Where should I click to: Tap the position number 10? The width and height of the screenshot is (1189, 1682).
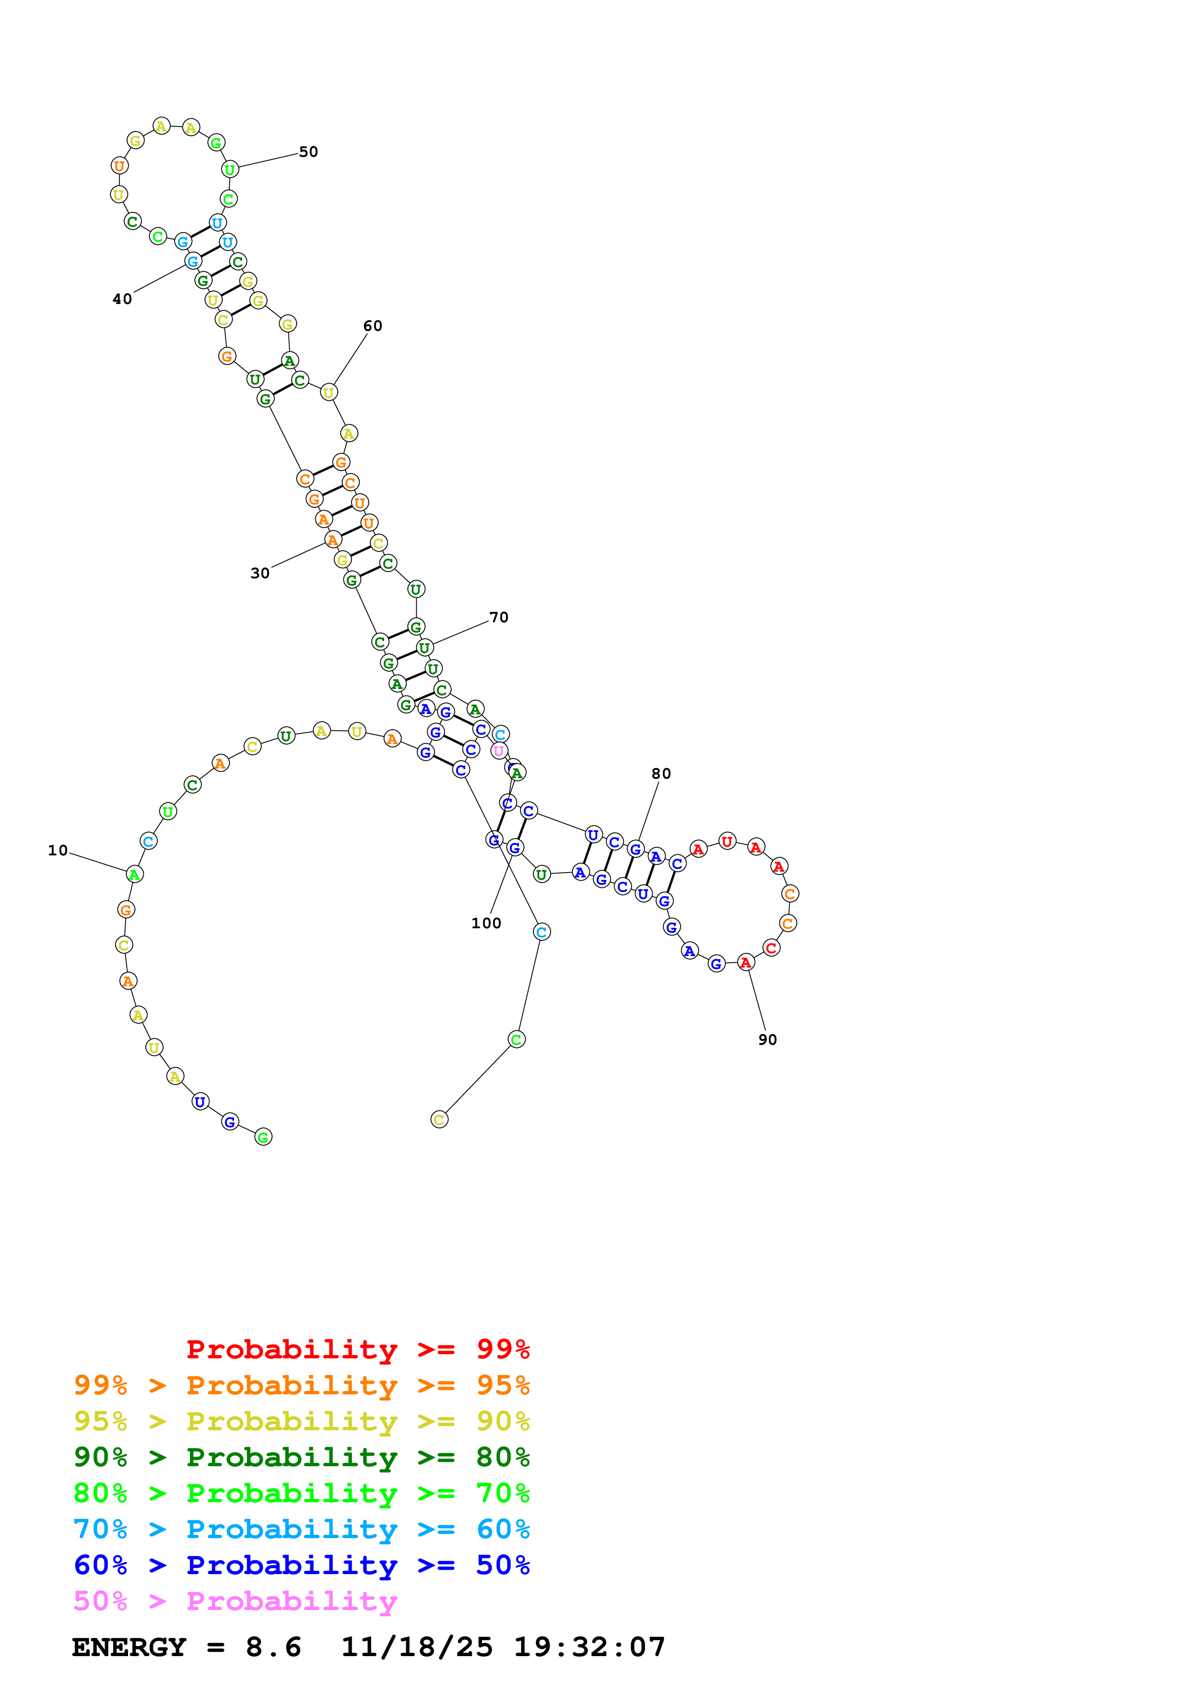58,851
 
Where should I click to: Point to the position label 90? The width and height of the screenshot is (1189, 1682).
767,1040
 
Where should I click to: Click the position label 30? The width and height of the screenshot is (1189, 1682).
260,573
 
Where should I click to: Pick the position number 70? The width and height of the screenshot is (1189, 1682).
498,618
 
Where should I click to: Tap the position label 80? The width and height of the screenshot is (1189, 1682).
661,773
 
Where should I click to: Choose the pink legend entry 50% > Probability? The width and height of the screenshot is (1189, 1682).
235,1600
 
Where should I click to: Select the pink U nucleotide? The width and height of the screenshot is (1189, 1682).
498,751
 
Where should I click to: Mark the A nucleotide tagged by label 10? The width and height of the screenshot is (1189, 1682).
134,874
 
